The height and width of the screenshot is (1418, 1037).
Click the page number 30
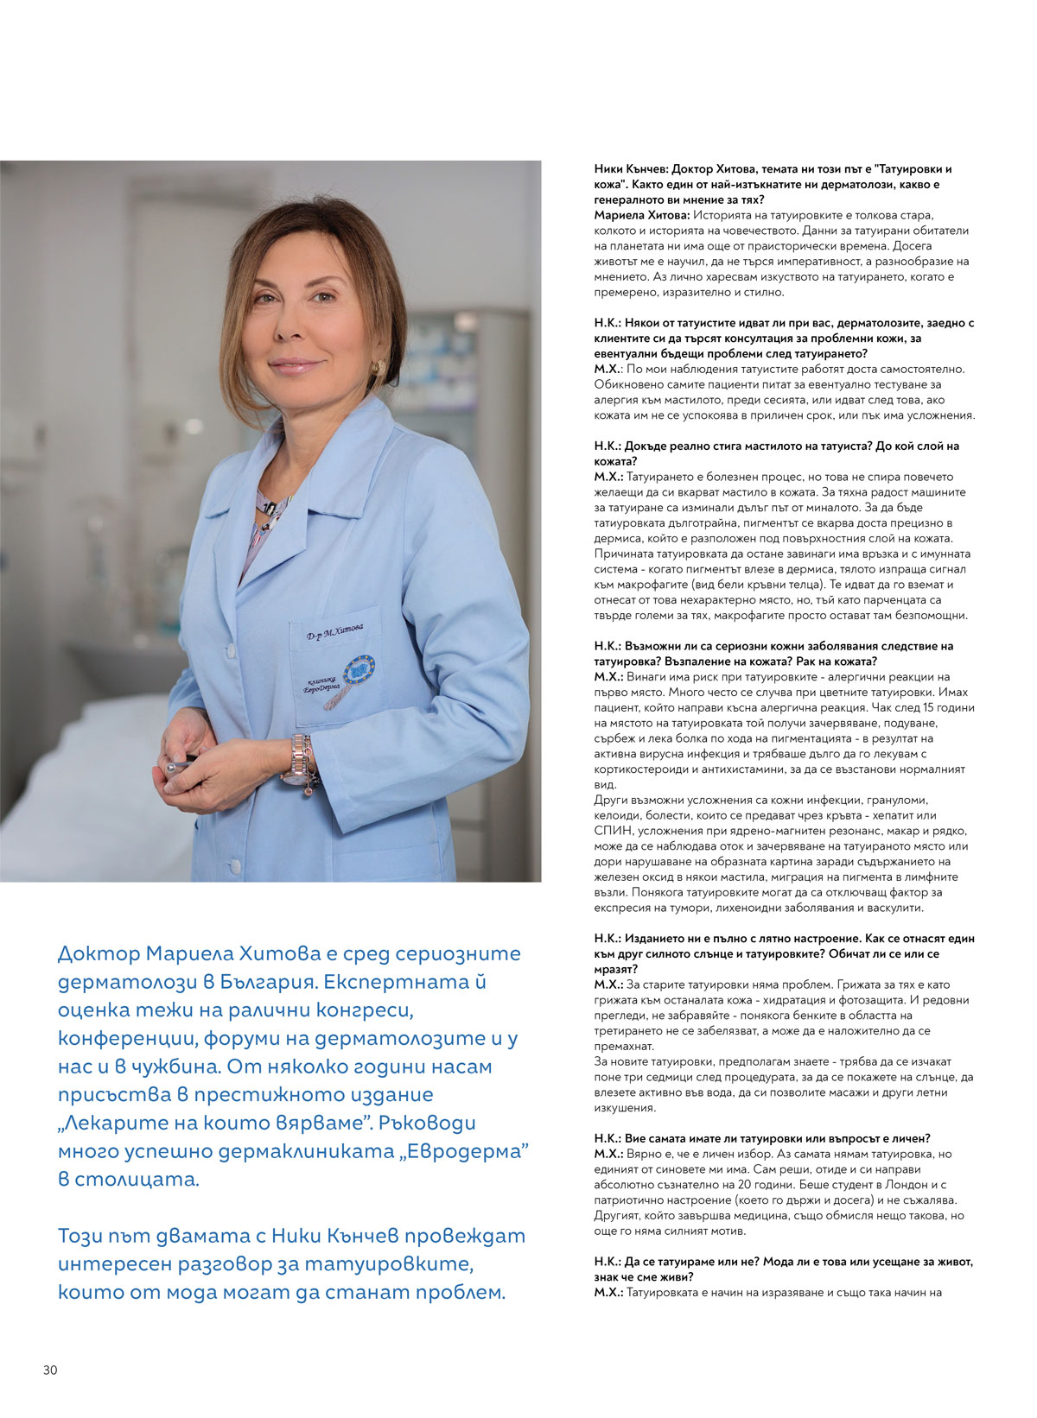50,1370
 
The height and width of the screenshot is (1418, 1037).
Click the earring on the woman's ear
378,368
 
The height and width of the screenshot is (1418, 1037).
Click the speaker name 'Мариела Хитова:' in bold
641,215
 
